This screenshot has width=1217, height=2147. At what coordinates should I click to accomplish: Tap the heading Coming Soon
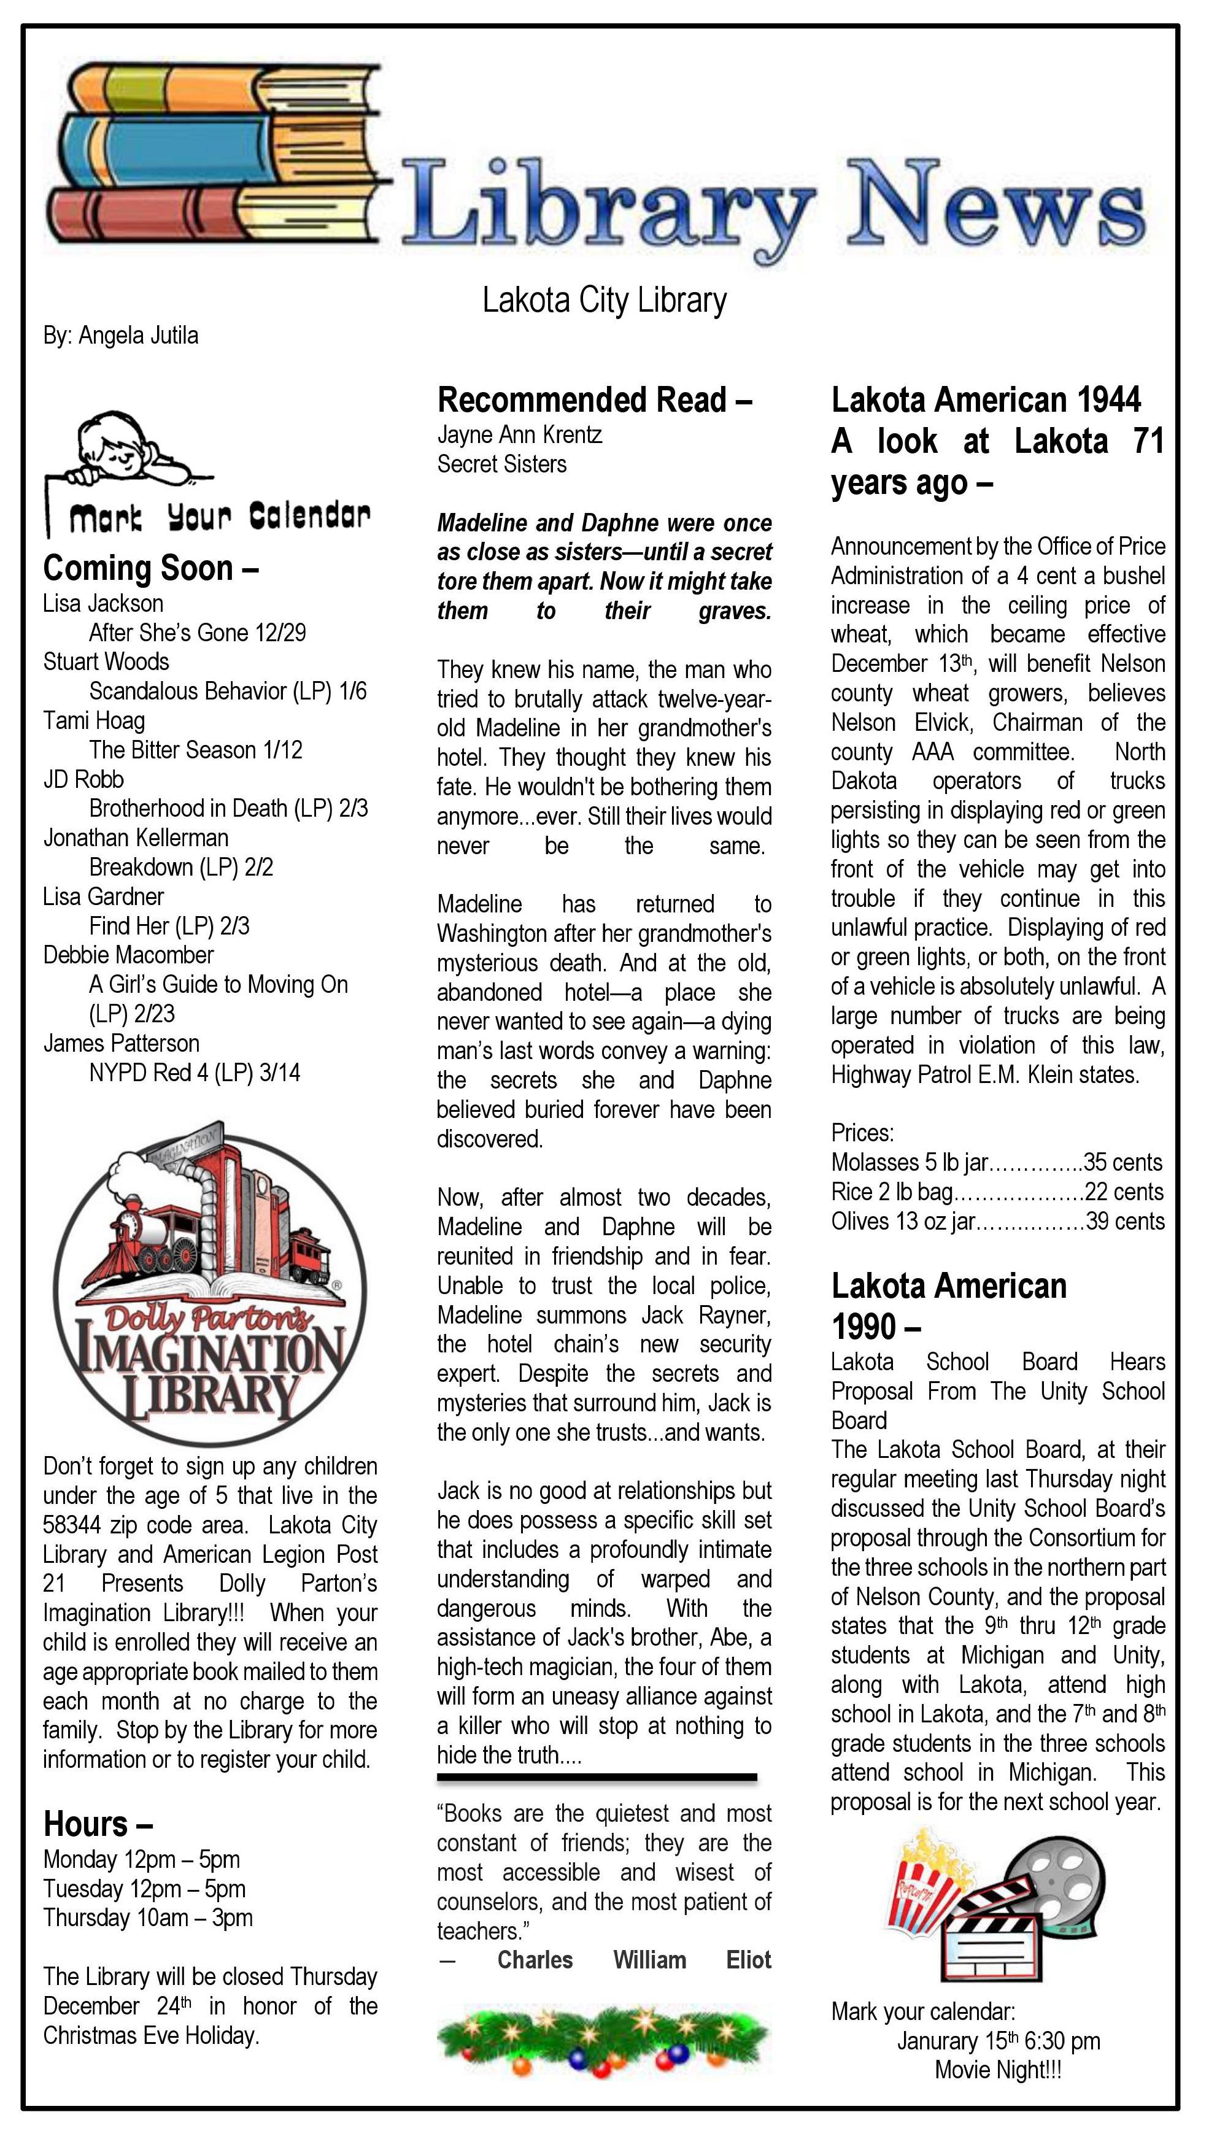click(150, 568)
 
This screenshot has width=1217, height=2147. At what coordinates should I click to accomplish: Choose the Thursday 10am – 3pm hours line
click(148, 1917)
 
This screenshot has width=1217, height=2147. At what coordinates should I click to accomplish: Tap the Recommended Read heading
click(594, 400)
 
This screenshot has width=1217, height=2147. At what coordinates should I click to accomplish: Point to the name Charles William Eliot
click(633, 1960)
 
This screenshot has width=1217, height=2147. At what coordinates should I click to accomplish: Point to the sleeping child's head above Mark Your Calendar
click(109, 443)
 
